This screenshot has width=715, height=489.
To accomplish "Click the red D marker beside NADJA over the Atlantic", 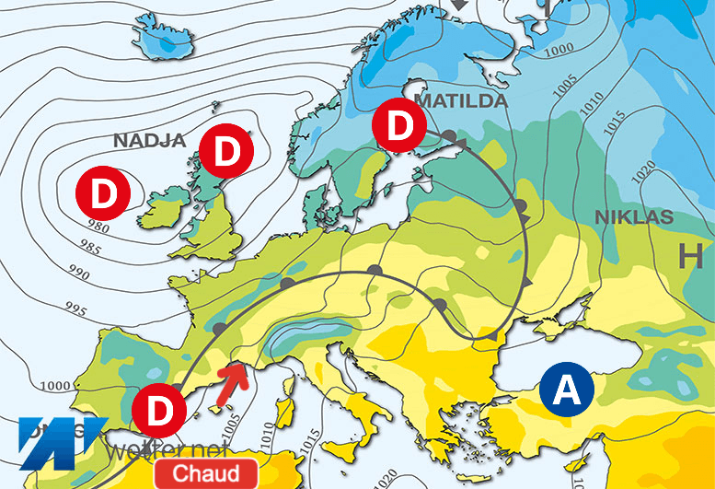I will pos(102,192).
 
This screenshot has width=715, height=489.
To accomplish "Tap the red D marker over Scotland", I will pos(226,154).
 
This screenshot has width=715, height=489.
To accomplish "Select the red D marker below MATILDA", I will pos(398,126).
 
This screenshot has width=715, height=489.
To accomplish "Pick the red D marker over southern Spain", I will pos(159,411).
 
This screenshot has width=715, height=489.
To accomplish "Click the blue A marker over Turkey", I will pos(567,390).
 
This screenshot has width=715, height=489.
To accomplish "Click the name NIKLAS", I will pos(634,217).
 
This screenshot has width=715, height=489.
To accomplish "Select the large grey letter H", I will pos(690,258).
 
